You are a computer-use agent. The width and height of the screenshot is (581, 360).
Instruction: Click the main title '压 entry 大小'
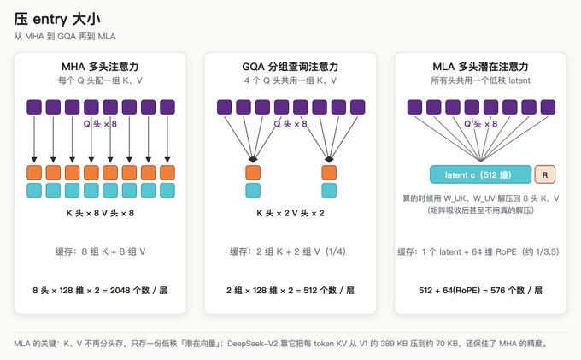click(57, 20)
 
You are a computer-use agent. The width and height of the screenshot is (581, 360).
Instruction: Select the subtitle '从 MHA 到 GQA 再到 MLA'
click(65, 36)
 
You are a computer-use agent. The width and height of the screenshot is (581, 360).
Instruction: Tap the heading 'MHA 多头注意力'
click(100, 67)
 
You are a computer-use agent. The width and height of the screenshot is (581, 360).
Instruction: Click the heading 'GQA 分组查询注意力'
click(290, 67)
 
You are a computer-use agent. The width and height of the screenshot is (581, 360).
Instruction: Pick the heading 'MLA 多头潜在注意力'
click(480, 67)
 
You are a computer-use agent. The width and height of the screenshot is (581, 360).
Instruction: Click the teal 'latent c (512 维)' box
click(480, 174)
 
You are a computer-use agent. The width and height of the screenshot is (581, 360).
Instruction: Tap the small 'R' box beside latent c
click(545, 174)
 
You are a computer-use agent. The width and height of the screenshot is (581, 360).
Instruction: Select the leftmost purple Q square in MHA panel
click(34, 107)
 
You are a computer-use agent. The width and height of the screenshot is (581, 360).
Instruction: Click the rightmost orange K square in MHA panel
click(167, 173)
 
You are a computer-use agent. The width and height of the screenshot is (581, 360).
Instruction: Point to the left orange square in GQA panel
click(253, 173)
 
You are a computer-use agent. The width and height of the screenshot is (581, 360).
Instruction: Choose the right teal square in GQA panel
click(329, 191)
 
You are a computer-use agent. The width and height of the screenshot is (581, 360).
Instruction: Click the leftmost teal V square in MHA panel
click(34, 191)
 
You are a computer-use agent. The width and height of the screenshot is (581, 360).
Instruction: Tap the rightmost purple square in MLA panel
click(548, 107)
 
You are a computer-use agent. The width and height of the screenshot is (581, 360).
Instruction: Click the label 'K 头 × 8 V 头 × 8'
click(100, 213)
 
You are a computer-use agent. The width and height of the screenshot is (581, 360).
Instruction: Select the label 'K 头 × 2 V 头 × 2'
click(290, 213)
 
